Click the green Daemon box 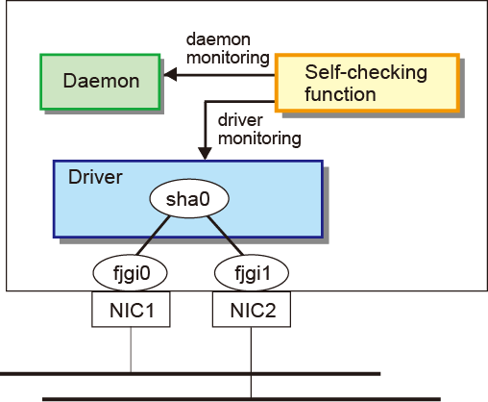point(100,82)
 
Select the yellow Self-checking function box point(367,83)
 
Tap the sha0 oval point(189,198)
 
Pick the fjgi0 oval point(130,273)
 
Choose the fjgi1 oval point(252,273)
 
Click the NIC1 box point(131,310)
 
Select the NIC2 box point(252,310)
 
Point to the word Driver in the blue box point(95,177)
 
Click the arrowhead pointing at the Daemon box point(170,75)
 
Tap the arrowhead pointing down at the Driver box point(205,153)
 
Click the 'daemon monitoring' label point(228,49)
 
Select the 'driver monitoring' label point(259,130)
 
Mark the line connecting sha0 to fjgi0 point(153,236)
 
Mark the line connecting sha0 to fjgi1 point(226,236)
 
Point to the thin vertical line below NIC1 point(131,349)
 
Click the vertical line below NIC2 point(251,363)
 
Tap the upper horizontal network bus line point(190,374)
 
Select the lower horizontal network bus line point(241,399)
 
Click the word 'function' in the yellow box point(340,94)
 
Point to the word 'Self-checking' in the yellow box point(366,73)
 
